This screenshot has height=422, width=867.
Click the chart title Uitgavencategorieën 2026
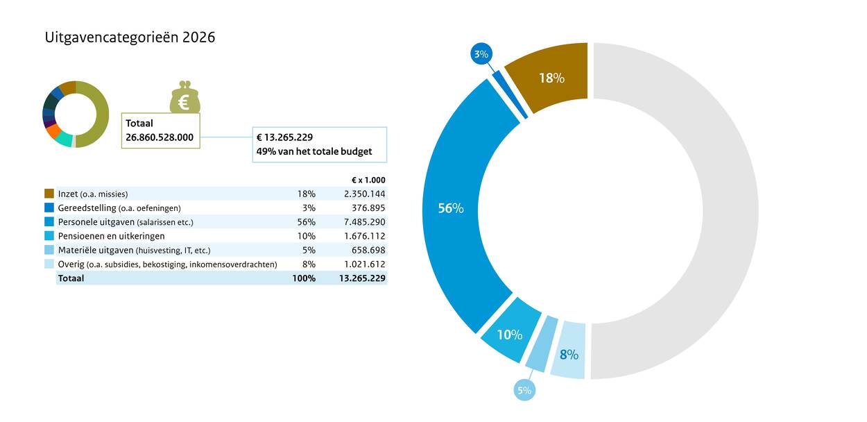130,37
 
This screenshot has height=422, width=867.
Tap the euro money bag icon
184,99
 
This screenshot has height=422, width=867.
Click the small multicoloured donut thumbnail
76,115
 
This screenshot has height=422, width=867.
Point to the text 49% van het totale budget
314,151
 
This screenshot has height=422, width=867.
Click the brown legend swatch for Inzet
49,194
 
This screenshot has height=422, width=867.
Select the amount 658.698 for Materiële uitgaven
368,250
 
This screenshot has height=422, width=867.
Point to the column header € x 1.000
368,180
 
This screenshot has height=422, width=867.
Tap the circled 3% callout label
481,54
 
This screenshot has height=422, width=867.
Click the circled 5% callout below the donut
524,390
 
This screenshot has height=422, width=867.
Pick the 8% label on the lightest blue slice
569,355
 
